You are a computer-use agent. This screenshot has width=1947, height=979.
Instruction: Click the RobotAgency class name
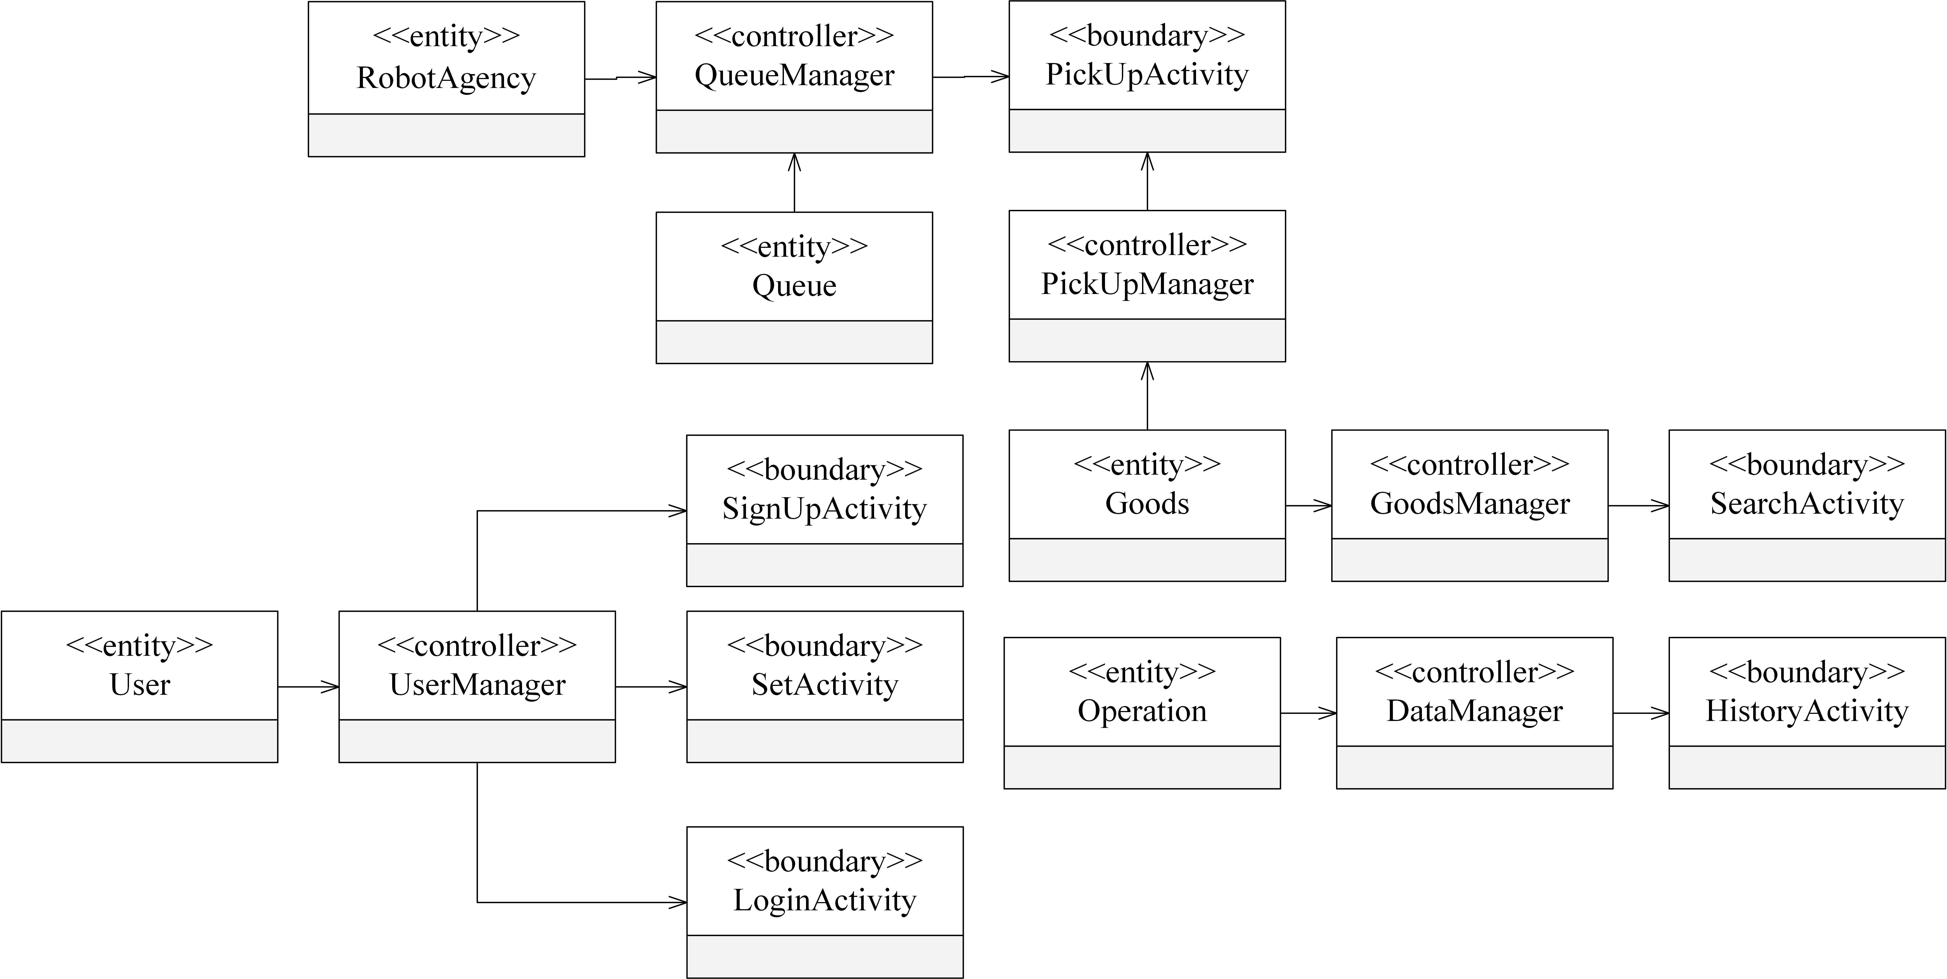446,78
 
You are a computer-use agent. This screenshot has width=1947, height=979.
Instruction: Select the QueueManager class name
794,76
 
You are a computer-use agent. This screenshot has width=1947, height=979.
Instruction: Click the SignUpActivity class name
825,509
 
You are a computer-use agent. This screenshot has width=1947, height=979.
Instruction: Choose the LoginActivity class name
825,900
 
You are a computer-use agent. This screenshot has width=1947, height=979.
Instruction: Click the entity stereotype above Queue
794,246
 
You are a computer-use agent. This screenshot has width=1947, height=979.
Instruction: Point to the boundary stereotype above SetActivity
825,646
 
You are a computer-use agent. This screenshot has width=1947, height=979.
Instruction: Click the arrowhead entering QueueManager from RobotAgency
648,77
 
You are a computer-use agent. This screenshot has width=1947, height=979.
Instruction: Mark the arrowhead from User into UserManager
330,687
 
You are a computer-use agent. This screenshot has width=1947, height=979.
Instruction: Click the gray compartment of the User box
140,741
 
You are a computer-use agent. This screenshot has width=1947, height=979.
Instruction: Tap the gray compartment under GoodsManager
1469,560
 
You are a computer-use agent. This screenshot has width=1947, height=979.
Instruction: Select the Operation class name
1142,712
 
